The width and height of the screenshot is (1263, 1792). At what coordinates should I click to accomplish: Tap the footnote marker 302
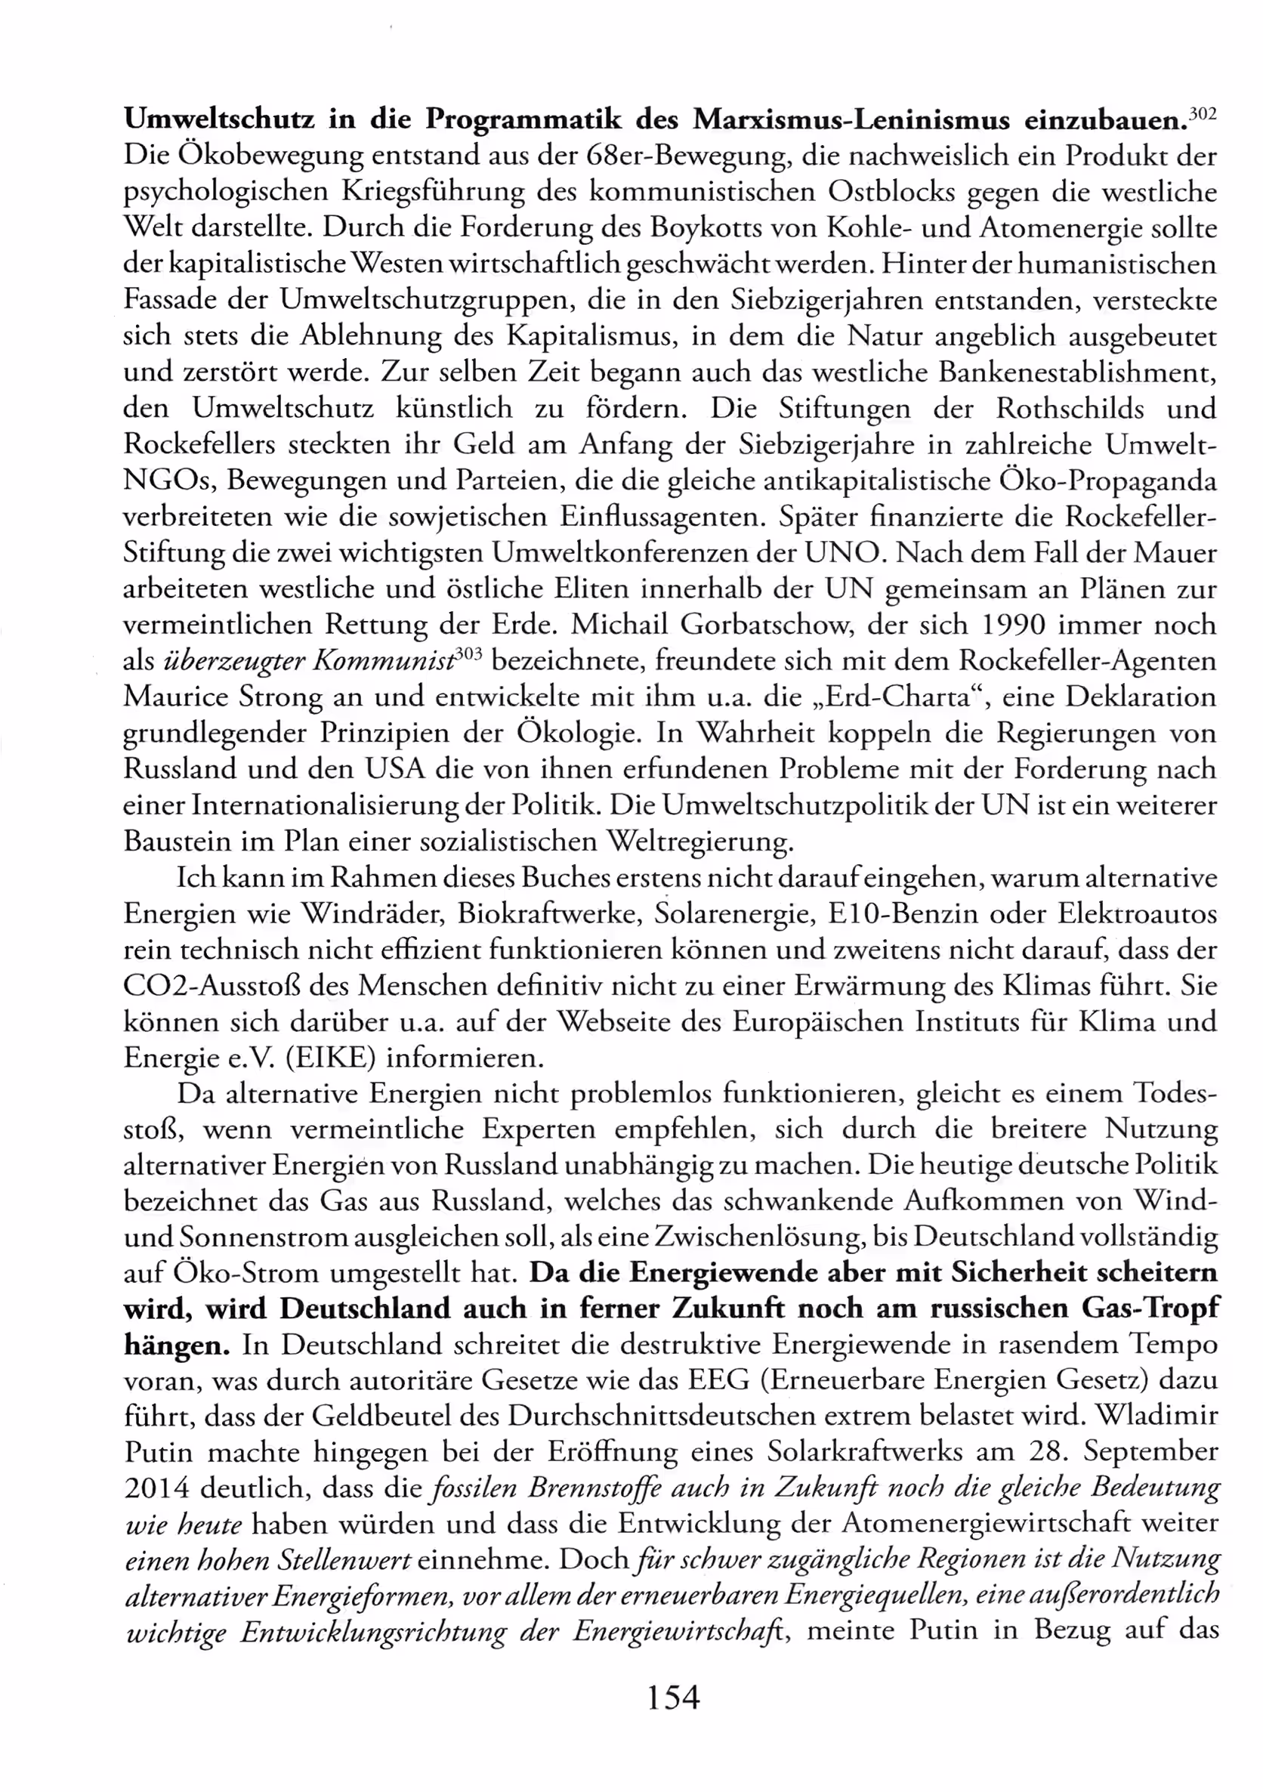[1203, 114]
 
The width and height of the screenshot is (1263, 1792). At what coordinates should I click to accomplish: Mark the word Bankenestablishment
[1077, 372]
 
